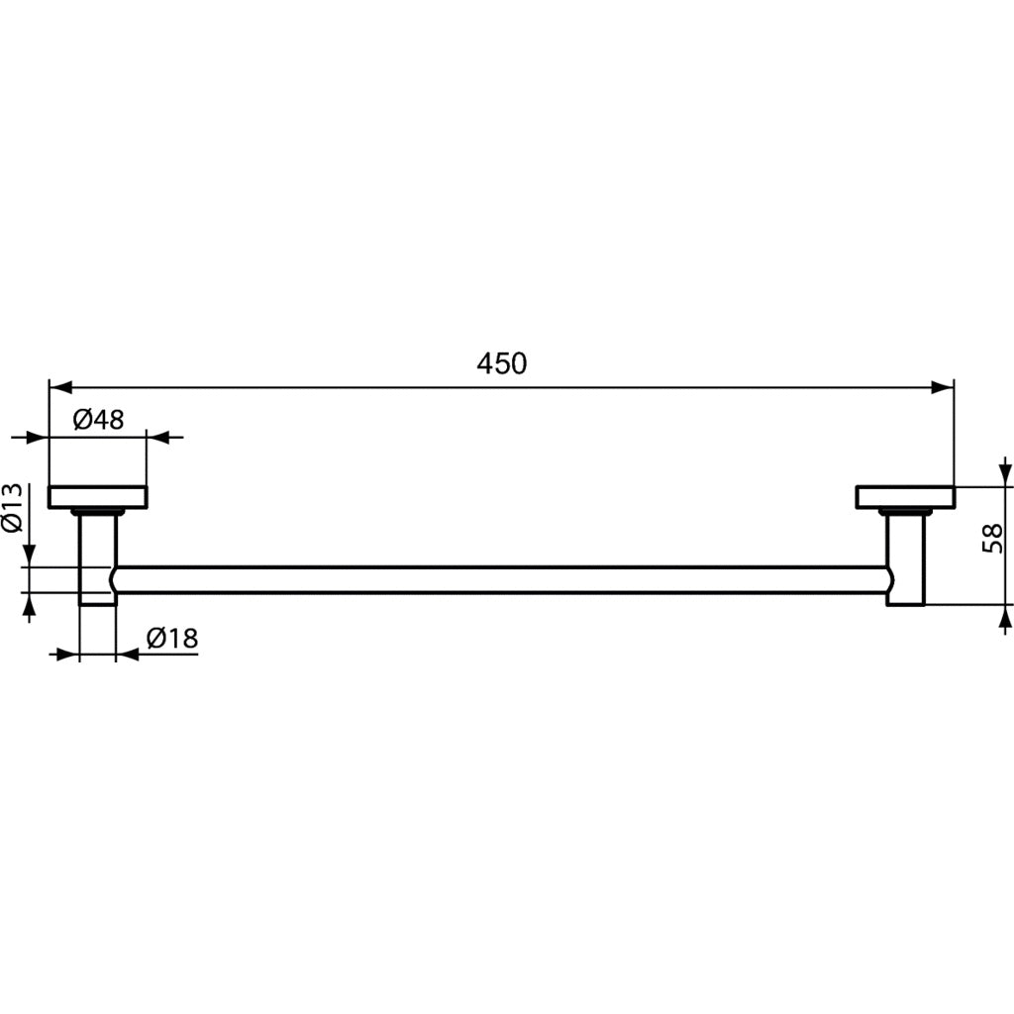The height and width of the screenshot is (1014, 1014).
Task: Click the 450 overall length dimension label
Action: pyautogui.click(x=502, y=363)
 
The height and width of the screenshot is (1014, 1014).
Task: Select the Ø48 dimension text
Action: pyautogui.click(x=99, y=419)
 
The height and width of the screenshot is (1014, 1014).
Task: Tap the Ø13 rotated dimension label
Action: pyautogui.click(x=12, y=509)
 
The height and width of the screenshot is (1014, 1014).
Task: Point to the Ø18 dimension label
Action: pyautogui.click(x=172, y=639)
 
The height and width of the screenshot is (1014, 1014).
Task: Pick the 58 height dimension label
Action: pyautogui.click(x=992, y=539)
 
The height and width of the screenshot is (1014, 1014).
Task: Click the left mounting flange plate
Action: pyautogui.click(x=98, y=497)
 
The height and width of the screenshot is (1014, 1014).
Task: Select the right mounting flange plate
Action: pyautogui.click(x=905, y=497)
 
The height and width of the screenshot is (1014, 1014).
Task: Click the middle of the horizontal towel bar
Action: pyautogui.click(x=502, y=580)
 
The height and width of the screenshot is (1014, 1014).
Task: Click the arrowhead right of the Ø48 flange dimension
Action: pyautogui.click(x=158, y=436)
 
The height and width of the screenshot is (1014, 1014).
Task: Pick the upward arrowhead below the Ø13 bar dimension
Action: pyautogui.click(x=29, y=605)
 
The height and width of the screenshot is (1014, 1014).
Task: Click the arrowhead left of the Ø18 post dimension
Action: pyautogui.click(x=67, y=655)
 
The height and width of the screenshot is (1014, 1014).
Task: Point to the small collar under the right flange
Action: pyautogui.click(x=905, y=512)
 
